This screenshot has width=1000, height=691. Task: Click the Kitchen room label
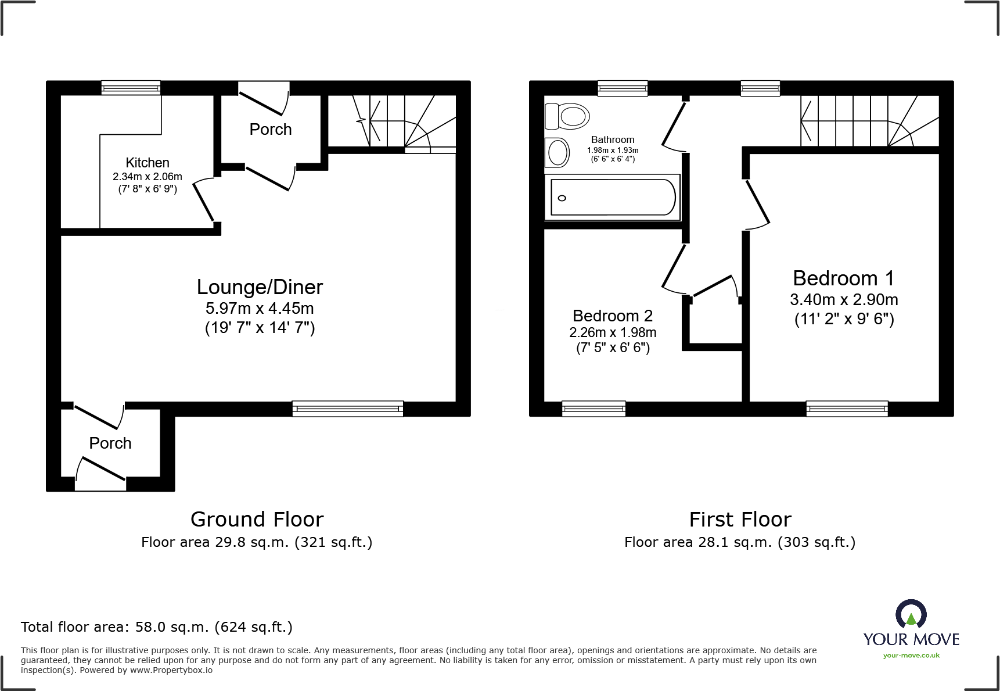148,163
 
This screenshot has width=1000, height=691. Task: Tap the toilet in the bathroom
567,116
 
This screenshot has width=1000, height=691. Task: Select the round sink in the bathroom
558,153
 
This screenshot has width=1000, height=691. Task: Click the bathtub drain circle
562,198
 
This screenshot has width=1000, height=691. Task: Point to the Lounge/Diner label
260,287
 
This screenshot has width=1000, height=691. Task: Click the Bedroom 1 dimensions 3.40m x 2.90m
843,300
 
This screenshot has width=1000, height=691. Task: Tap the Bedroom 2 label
612,316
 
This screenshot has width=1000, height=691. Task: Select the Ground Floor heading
257,519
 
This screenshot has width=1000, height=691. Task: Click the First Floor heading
740,519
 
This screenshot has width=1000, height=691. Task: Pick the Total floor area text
156,627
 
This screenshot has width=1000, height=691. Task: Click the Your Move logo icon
911,614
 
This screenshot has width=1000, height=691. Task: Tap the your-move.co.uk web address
911,656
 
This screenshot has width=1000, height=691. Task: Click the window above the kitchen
131,88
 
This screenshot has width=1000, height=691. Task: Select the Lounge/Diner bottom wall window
347,409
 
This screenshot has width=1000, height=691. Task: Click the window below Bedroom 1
847,409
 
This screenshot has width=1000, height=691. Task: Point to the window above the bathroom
623,88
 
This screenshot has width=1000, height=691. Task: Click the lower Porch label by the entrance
110,443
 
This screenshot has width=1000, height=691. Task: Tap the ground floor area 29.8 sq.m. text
256,542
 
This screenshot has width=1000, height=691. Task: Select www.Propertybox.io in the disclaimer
171,670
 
